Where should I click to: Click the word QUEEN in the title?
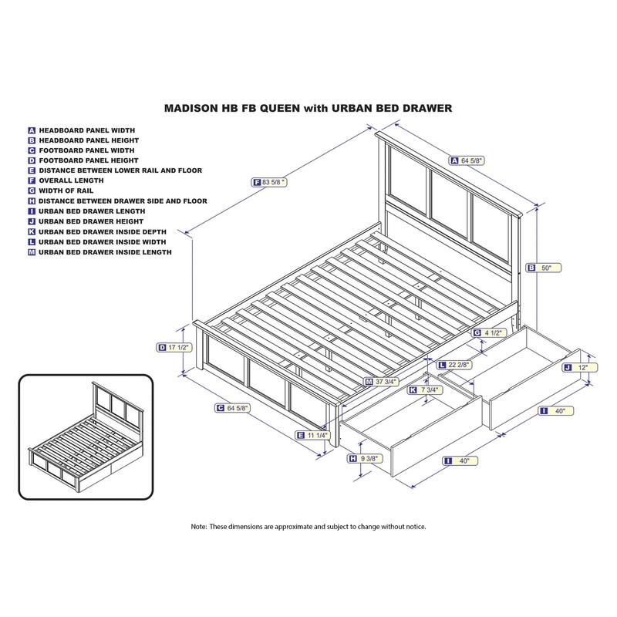[283, 109]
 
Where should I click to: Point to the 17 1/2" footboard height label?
[177, 348]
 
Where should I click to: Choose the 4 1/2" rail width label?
[493, 333]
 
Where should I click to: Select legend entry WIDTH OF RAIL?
[69, 190]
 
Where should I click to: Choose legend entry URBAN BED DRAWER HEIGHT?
[93, 221]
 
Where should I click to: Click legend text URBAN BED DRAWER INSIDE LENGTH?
[105, 251]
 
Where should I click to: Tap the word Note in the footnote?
[199, 526]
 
